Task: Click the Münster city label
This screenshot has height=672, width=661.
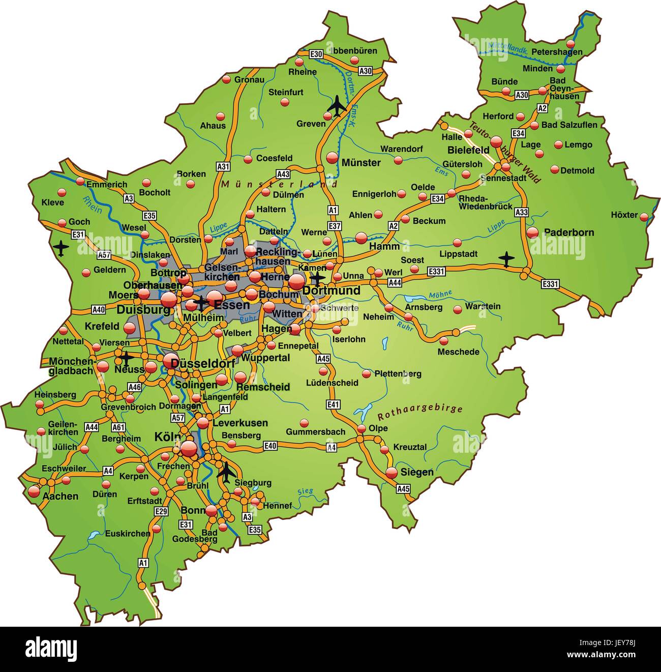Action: coord(361,163)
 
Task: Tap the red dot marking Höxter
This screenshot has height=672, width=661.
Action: coord(644,217)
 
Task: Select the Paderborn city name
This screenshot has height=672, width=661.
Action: coord(569,232)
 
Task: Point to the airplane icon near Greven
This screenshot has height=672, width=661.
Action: coord(337,106)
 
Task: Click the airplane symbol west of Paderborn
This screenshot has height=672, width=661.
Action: coord(506,258)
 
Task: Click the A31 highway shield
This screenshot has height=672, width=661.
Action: coord(223,166)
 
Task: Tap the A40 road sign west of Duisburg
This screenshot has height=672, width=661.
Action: coord(98,309)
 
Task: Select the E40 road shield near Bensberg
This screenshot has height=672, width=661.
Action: coord(271,446)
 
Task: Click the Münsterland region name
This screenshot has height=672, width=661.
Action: coord(280,184)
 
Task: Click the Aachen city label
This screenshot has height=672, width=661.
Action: coord(61,496)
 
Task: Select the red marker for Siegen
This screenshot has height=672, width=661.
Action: coord(391,473)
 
